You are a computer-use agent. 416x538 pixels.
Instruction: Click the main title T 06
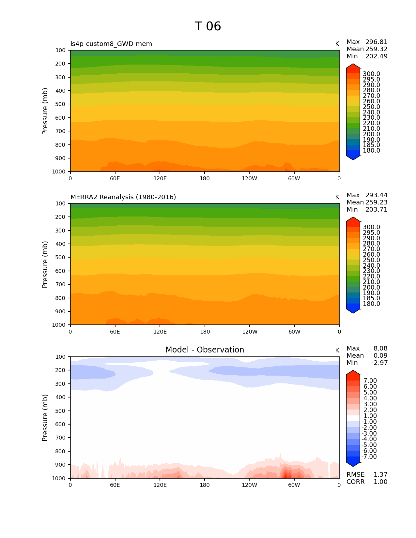[x=208, y=26]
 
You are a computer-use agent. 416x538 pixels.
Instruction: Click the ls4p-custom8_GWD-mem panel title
[x=111, y=44]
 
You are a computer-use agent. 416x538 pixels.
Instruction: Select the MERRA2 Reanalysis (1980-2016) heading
[x=123, y=197]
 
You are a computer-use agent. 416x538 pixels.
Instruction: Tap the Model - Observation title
[x=205, y=350]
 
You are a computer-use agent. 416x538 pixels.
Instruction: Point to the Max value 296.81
[x=376, y=42]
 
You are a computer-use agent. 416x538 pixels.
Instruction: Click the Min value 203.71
[x=376, y=210]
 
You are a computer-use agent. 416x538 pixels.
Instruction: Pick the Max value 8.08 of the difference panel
[x=380, y=349]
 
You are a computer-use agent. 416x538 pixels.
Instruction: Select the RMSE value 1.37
[x=380, y=475]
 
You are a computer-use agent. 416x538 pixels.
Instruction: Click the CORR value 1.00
[x=380, y=482]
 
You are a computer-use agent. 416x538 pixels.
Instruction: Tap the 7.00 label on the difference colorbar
[x=370, y=381]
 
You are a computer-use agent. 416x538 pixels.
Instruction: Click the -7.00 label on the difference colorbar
[x=369, y=457]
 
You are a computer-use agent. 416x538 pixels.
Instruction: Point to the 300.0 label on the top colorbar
[x=371, y=74]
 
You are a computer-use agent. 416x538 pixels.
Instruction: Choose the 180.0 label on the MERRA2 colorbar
[x=371, y=304]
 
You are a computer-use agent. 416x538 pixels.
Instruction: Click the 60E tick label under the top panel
[x=115, y=179]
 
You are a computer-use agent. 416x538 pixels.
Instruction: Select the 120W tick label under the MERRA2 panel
[x=250, y=332]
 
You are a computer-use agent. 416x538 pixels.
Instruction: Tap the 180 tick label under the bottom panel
[x=205, y=485]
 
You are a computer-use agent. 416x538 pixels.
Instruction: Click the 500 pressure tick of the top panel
[x=61, y=104]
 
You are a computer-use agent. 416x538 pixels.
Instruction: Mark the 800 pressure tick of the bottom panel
[x=61, y=452]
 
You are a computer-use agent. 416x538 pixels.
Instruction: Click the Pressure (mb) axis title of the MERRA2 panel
[x=45, y=264]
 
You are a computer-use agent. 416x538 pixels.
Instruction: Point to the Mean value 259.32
[x=376, y=49]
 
